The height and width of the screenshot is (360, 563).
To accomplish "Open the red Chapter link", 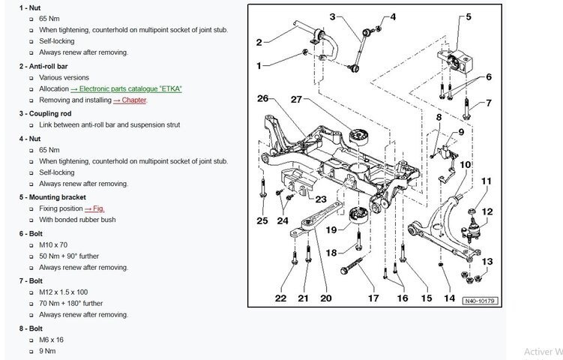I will [x=130, y=100].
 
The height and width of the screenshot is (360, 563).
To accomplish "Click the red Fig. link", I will [x=94, y=208].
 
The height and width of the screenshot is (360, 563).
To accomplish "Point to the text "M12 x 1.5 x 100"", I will [x=64, y=292].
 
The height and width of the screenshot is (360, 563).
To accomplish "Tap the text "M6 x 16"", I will [x=51, y=339].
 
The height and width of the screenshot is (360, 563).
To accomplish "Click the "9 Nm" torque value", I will [x=47, y=350].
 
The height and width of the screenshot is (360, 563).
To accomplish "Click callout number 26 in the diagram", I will [x=262, y=98].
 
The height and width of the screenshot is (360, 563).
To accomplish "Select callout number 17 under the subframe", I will [x=373, y=298].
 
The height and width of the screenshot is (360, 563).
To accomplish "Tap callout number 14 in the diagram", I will [x=449, y=298].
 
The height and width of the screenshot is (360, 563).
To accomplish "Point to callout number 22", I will [x=280, y=298].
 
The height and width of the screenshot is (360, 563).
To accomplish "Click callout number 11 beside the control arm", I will [x=486, y=181].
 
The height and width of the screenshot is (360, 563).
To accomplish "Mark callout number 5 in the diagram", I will [x=468, y=16].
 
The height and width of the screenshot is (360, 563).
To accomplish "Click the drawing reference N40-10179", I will [x=480, y=301].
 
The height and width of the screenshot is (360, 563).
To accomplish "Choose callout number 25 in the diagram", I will [x=262, y=220].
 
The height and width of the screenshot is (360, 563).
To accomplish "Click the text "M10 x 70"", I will [x=54, y=244].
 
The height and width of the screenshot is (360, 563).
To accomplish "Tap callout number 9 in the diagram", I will [x=460, y=132].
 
